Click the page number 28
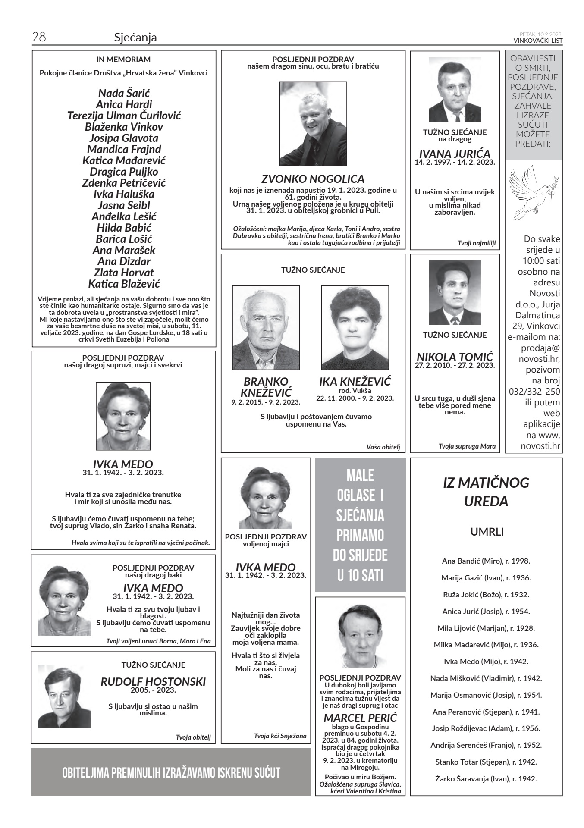39,38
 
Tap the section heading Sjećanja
135,38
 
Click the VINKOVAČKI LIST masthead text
538,41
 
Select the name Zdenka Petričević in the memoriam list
124,183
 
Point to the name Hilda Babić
124,228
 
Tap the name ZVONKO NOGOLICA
313,179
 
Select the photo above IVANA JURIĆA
455,90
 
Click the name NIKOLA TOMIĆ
455,357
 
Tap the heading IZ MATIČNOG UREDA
486,492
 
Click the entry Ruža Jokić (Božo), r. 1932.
486,595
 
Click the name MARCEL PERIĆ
360,718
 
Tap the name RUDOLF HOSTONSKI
153,682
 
